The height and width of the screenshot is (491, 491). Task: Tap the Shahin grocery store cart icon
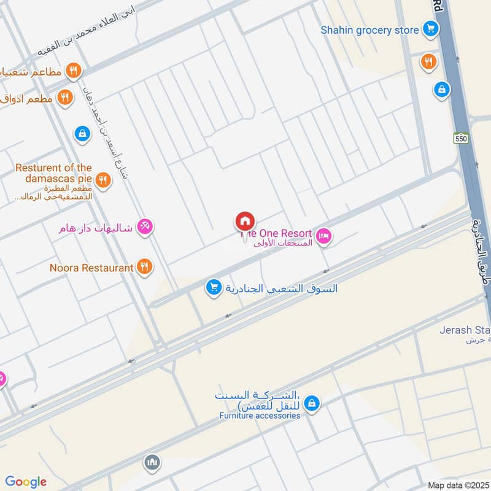pyautogui.click(x=430, y=29)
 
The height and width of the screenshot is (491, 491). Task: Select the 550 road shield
pyautogui.click(x=462, y=139)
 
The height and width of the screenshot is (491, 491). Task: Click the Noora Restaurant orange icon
pyautogui.click(x=144, y=267)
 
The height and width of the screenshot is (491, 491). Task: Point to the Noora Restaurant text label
pyautogui.click(x=92, y=268)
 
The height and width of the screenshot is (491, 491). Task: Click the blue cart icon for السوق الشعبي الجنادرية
pyautogui.click(x=214, y=287)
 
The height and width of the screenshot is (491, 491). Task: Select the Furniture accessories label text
pyautogui.click(x=260, y=416)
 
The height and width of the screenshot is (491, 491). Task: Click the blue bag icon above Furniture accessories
pyautogui.click(x=312, y=403)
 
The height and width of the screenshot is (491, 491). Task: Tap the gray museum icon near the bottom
pyautogui.click(x=152, y=462)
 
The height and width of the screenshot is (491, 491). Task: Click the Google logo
pyautogui.click(x=26, y=482)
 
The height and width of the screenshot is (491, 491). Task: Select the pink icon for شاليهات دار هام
pyautogui.click(x=145, y=227)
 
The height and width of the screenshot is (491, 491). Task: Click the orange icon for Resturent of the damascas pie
pyautogui.click(x=103, y=180)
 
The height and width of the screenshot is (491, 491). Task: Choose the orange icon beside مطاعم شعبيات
pyautogui.click(x=74, y=71)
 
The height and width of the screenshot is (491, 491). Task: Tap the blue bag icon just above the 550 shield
pyautogui.click(x=441, y=90)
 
